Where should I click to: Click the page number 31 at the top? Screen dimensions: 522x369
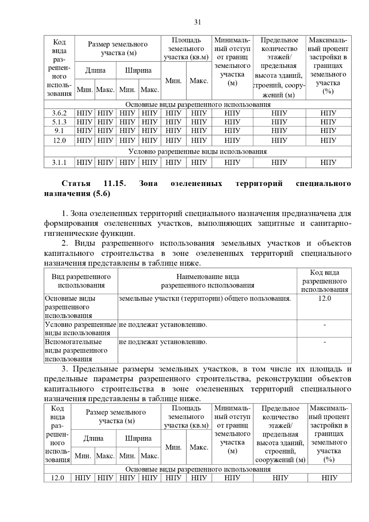pos(197,22)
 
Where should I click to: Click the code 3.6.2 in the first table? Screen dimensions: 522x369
pos(59,113)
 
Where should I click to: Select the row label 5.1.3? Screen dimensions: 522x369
pos(59,122)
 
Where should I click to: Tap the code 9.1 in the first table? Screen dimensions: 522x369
pos(59,131)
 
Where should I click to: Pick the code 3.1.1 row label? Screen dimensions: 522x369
pos(59,162)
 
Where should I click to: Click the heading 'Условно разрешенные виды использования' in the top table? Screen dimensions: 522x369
pos(197,152)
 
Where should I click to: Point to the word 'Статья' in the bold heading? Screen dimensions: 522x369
pos(76,184)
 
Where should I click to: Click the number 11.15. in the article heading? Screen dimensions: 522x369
pos(115,184)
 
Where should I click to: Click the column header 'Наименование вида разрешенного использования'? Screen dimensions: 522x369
pos(208,281)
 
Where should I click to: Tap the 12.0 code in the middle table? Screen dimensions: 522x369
pos(324,298)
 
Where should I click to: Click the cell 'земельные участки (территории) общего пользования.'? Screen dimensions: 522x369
pos(205,298)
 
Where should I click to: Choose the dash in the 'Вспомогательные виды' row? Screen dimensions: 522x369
pos(324,342)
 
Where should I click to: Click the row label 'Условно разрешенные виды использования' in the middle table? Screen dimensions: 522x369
pos(81,329)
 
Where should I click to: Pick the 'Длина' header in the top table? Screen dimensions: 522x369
pos(95,70)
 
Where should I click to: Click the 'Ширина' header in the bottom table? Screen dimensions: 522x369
pos(138,438)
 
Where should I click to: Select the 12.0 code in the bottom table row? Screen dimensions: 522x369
pos(58,478)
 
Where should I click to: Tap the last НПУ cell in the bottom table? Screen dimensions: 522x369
pos(329,478)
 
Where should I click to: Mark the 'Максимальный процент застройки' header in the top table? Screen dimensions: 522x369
pos(328,66)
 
